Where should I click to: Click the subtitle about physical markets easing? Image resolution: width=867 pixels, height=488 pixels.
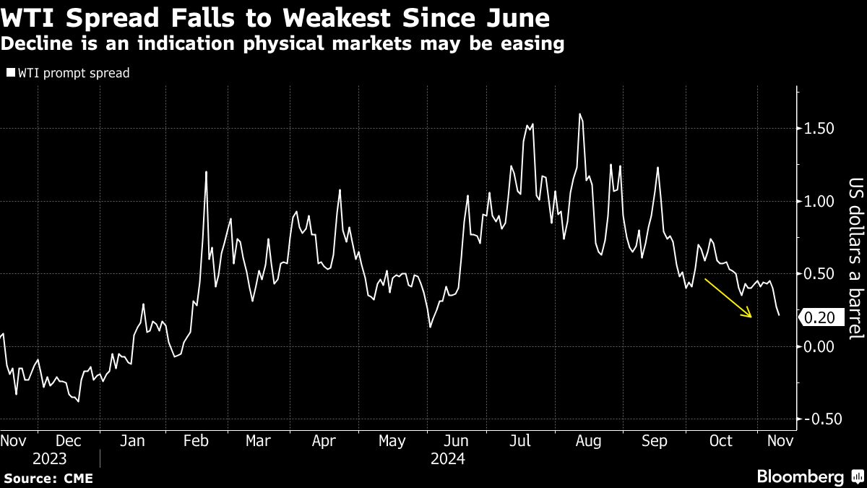click(282, 44)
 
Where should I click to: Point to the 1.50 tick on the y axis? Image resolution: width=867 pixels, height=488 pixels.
click(819, 128)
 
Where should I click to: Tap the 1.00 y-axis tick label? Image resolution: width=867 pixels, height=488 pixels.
click(819, 201)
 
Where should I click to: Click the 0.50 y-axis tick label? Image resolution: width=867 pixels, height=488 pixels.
click(819, 274)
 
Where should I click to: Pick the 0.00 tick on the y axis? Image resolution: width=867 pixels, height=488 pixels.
click(819, 346)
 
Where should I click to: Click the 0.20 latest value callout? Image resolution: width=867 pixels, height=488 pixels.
click(820, 318)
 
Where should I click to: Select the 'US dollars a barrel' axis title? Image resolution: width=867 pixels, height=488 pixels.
click(855, 258)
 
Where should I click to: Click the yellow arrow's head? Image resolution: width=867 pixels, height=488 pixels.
click(752, 317)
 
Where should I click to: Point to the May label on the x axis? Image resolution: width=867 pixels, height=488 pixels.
click(392, 440)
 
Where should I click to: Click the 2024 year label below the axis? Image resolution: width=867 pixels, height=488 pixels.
click(447, 459)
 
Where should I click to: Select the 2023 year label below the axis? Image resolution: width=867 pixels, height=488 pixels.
click(50, 459)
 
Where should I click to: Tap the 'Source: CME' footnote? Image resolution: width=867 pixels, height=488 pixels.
click(48, 478)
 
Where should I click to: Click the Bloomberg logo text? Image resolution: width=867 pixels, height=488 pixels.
click(800, 476)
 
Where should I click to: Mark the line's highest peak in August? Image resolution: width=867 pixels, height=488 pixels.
click(579, 114)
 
